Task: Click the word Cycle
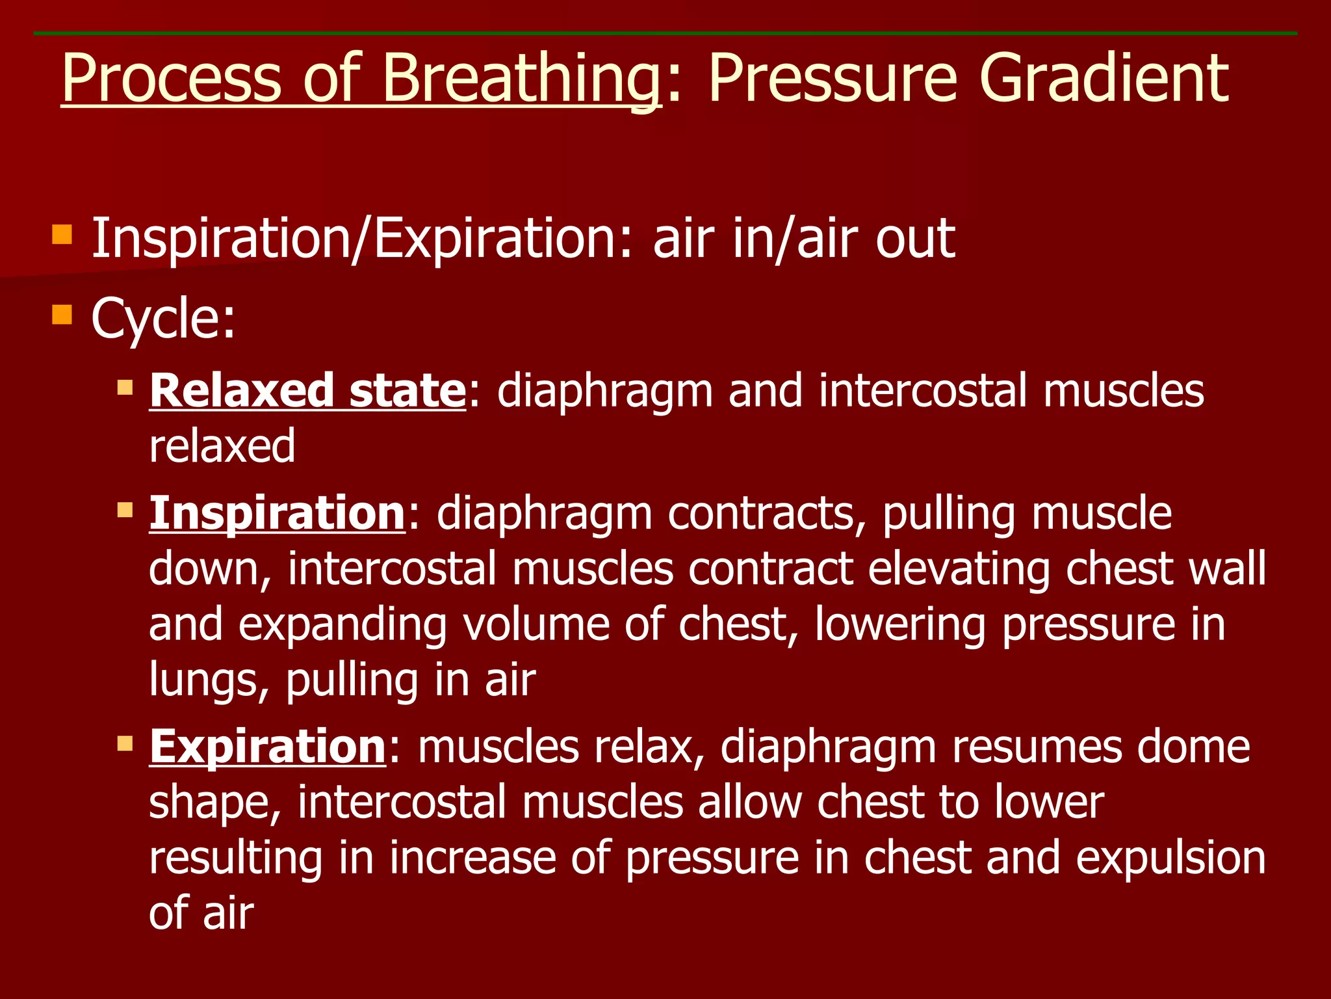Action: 162,319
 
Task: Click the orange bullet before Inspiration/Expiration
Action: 62,234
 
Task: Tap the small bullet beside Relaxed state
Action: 125,388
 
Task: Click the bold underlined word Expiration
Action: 268,746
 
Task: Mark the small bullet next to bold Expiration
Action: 125,743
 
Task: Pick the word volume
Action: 536,624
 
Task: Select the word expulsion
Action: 1170,858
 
